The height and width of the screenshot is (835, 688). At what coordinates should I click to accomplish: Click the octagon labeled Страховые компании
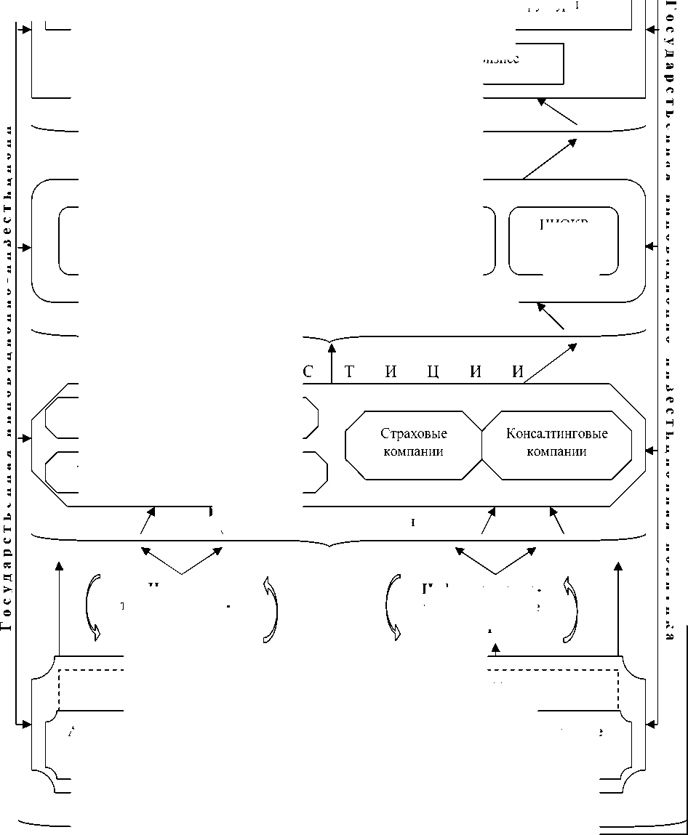coord(413,445)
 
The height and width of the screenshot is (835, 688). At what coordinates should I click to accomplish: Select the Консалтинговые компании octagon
coord(556,445)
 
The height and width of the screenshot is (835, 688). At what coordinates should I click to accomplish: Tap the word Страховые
coord(413,434)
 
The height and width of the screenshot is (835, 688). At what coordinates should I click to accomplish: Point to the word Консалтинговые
coord(556,434)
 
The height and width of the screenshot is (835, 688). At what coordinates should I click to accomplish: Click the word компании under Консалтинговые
coord(556,451)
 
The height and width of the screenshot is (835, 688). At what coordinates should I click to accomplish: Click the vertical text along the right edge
coord(668,320)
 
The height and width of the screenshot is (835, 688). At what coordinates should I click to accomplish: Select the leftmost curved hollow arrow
coord(92,609)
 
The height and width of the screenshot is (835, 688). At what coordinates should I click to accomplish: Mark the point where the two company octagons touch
coord(483,445)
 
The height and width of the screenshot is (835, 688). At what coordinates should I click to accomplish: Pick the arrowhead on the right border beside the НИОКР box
coord(649,247)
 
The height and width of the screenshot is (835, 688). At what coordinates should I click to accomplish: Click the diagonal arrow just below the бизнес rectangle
coord(558,113)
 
